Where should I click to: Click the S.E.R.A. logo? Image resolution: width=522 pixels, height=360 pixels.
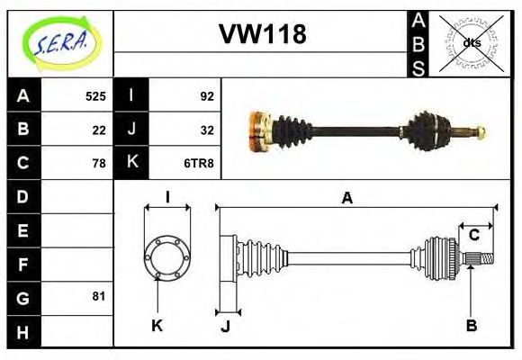tap(61, 41)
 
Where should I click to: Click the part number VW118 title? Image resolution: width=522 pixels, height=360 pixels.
tap(263, 35)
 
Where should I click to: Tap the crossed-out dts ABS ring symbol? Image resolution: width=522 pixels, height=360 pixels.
tap(471, 42)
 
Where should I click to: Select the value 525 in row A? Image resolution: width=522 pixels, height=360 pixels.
tap(95, 95)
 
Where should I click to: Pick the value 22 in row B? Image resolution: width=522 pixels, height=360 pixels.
tap(99, 129)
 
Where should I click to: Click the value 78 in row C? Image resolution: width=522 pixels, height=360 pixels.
tap(99, 163)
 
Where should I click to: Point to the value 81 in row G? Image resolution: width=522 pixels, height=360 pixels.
tap(99, 296)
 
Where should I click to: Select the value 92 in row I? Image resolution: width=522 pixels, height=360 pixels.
tap(206, 95)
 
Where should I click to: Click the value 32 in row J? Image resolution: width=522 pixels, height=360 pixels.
tap(206, 129)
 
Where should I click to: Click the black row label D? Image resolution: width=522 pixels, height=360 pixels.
tap(23, 196)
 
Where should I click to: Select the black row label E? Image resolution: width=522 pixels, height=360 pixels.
tap(23, 230)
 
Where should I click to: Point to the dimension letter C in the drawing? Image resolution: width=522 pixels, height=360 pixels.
tap(473, 236)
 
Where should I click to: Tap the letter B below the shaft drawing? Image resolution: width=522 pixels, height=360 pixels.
tap(470, 325)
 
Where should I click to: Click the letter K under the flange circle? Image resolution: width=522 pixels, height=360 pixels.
tap(157, 325)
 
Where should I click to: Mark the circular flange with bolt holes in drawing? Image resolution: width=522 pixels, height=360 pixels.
tap(166, 256)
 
